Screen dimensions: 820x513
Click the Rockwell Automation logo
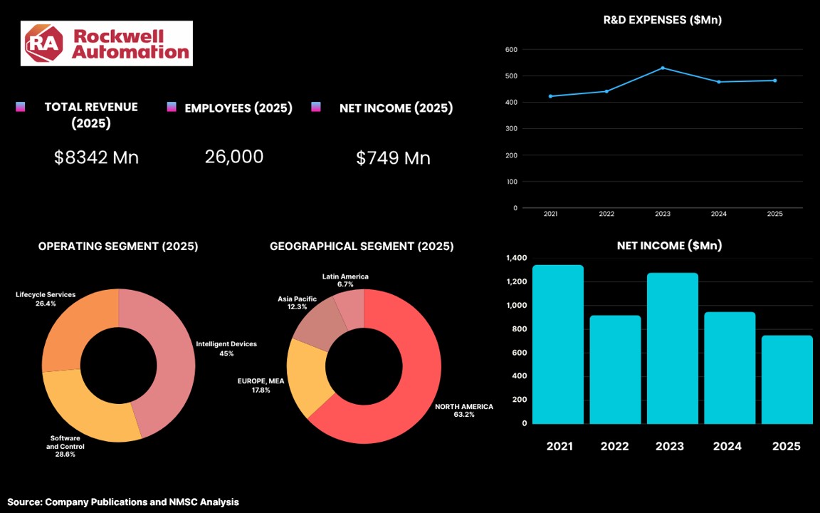[x=107, y=43]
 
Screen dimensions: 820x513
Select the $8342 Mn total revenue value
[x=97, y=157]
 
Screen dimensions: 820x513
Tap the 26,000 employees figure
[x=234, y=157]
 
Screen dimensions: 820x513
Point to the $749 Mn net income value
[x=393, y=158]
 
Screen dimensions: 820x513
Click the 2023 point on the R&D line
[x=663, y=68]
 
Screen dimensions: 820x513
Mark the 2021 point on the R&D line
[x=551, y=96]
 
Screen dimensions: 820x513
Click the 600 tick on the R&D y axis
[x=512, y=50]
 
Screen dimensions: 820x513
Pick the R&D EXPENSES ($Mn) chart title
[x=663, y=20]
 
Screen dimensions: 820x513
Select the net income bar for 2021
[x=558, y=344]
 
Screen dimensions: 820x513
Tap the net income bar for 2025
[x=787, y=380]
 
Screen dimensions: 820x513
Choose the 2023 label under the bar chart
[x=670, y=447]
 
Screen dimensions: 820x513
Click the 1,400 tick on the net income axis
[x=517, y=258]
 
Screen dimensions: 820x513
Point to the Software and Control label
[x=65, y=447]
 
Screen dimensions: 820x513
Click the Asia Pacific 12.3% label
[x=297, y=303]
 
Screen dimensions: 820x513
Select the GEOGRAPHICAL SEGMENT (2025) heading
[x=362, y=246]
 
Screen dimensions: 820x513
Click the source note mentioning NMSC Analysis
[x=123, y=502]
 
